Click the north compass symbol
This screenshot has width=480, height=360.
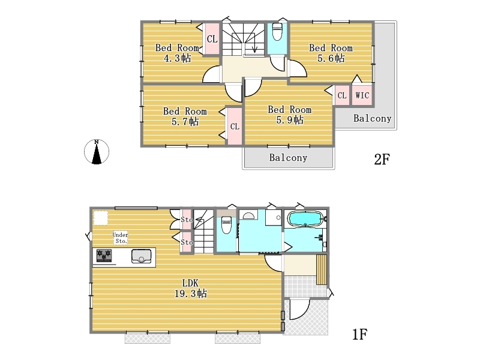pyautogui.click(x=97, y=152)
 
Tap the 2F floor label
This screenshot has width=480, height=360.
pyautogui.click(x=382, y=159)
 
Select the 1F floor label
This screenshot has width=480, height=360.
pyautogui.click(x=359, y=334)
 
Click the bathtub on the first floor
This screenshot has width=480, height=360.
pyautogui.click(x=305, y=218)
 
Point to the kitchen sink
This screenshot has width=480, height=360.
pyautogui.click(x=141, y=256)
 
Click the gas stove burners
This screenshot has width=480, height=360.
pyautogui.click(x=104, y=256)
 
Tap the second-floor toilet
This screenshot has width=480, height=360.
pyautogui.click(x=277, y=32)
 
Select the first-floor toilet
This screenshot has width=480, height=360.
pyautogui.click(x=226, y=224)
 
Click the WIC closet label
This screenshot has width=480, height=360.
pyautogui.click(x=362, y=95)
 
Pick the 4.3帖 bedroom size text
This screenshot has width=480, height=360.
pyautogui.click(x=177, y=58)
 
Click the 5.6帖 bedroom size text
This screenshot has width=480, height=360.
pyautogui.click(x=331, y=58)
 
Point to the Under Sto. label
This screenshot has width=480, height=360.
pyautogui.click(x=121, y=238)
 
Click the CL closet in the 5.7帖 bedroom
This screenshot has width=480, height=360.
pyautogui.click(x=235, y=126)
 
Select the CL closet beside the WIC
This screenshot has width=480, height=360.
pyautogui.click(x=341, y=95)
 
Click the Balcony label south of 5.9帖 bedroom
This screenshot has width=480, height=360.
pyautogui.click(x=288, y=157)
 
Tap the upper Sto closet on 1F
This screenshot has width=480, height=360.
pyautogui.click(x=187, y=220)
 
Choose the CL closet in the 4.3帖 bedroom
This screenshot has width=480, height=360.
pyautogui.click(x=212, y=39)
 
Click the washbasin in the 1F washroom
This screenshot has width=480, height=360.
pyautogui.click(x=248, y=215)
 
